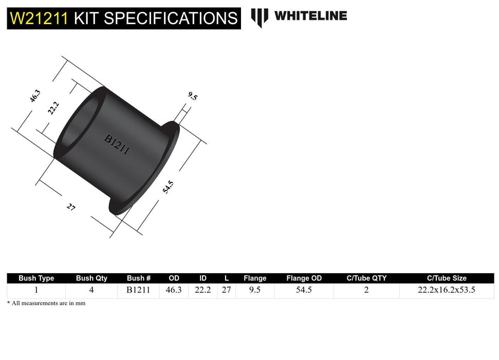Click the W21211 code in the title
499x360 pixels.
coord(39,19)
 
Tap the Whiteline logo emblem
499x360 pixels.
coord(260,17)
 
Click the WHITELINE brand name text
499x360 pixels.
coord(310,16)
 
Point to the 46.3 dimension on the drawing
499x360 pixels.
coord(35,96)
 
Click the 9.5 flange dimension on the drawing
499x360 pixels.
coord(192,96)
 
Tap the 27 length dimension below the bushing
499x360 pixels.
coord(70,207)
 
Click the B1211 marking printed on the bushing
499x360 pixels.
coord(117,145)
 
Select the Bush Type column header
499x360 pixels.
coord(36,278)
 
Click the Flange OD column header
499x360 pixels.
coord(304,278)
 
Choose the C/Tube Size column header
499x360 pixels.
coord(446,278)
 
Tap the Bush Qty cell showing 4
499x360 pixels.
coord(91,290)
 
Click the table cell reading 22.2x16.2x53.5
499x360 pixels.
coord(446,290)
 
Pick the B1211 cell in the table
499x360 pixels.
coord(138,290)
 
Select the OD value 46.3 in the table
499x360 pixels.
coord(174,290)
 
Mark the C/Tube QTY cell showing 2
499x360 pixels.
coord(366,290)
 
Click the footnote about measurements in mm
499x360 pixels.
coord(46,303)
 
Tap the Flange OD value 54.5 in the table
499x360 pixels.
coord(304,290)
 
